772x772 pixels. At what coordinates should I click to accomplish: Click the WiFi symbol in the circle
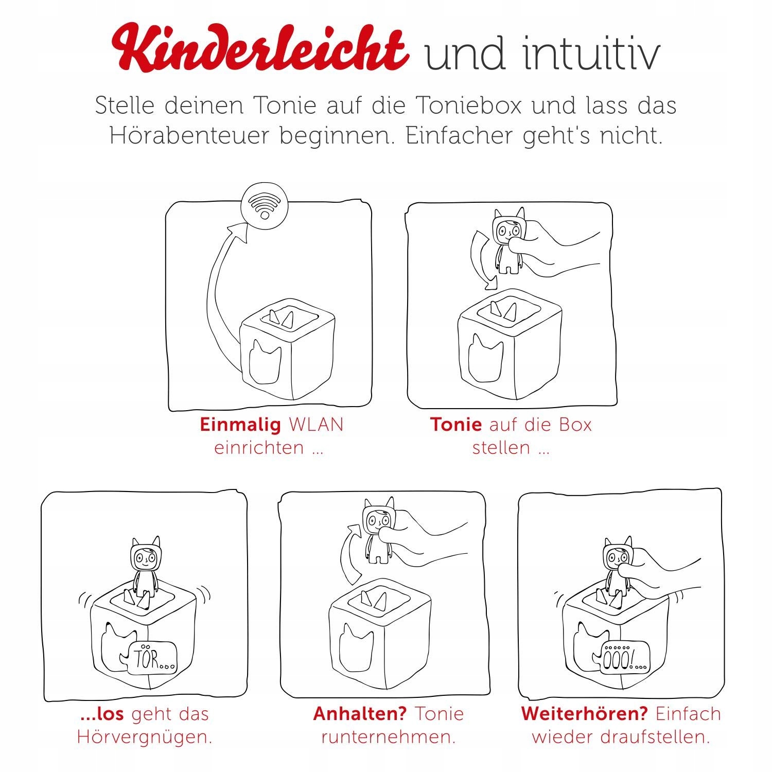click(265, 207)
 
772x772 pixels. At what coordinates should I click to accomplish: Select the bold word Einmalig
click(240, 425)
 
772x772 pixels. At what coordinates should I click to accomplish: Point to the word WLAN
click(316, 425)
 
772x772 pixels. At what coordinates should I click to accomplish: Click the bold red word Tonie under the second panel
click(456, 425)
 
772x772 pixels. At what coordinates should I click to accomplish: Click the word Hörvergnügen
click(144, 737)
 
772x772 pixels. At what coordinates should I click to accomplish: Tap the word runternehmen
click(389, 737)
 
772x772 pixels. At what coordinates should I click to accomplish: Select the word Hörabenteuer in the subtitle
click(190, 136)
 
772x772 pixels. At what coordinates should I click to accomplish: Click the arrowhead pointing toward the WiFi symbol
click(240, 233)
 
